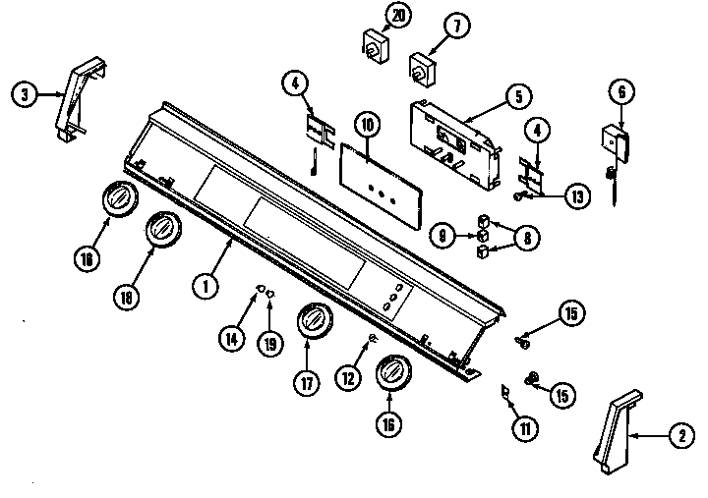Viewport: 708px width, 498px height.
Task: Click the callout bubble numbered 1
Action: point(205,287)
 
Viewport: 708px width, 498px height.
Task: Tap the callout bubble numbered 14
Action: point(230,338)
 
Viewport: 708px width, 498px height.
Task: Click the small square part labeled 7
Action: point(423,68)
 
